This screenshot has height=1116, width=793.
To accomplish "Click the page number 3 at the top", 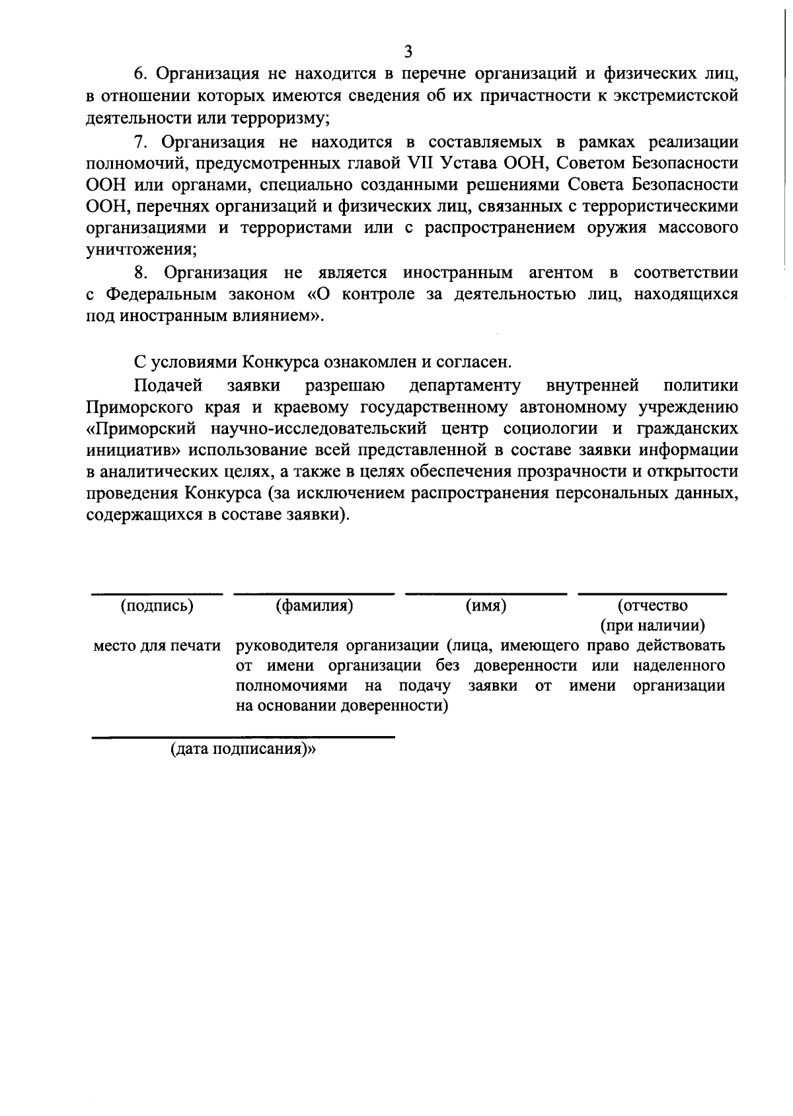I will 408,52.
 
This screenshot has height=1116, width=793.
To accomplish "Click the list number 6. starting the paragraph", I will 141,73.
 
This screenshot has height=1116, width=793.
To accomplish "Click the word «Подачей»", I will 168,385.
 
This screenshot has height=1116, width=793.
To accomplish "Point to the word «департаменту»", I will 465,385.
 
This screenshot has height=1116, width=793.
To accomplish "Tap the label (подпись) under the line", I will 157,605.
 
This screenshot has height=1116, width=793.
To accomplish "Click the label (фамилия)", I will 314,605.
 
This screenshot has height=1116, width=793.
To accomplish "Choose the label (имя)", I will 486,605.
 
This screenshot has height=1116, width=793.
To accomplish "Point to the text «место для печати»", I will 157,646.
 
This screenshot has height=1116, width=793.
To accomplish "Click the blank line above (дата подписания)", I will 243,735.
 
